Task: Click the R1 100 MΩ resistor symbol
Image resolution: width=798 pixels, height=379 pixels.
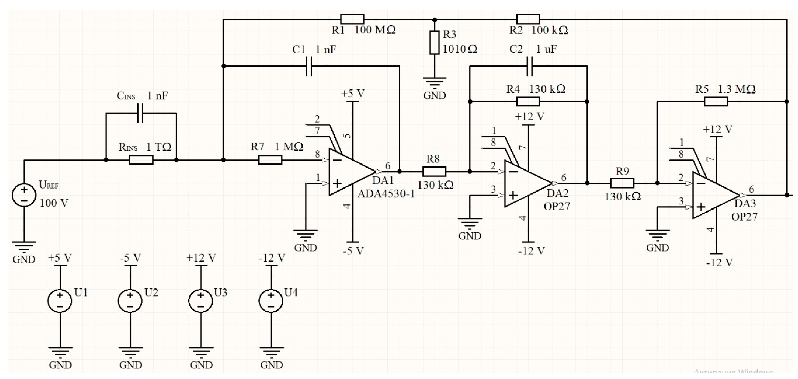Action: (x=352, y=19)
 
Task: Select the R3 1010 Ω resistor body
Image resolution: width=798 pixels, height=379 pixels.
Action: (x=434, y=42)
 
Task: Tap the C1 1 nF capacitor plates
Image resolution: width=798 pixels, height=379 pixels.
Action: (x=309, y=66)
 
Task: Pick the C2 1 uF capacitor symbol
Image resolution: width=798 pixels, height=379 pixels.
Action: (x=530, y=66)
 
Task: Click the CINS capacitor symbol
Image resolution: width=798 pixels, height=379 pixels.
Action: (x=140, y=113)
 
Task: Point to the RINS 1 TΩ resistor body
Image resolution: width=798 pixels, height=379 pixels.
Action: (x=141, y=160)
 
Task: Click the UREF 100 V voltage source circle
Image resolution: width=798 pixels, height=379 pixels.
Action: (x=24, y=195)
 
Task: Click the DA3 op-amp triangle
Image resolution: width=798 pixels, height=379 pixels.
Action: (x=713, y=195)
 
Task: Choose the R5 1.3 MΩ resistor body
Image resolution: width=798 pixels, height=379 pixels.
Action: (x=716, y=102)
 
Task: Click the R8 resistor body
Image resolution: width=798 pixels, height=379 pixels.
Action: (x=434, y=172)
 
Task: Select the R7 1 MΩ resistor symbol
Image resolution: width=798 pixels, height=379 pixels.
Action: (x=270, y=160)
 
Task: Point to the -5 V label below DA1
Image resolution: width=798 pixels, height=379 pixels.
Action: (x=353, y=251)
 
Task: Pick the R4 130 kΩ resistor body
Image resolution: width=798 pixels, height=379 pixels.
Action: (x=528, y=102)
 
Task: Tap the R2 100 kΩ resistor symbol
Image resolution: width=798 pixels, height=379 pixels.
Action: (x=528, y=19)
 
